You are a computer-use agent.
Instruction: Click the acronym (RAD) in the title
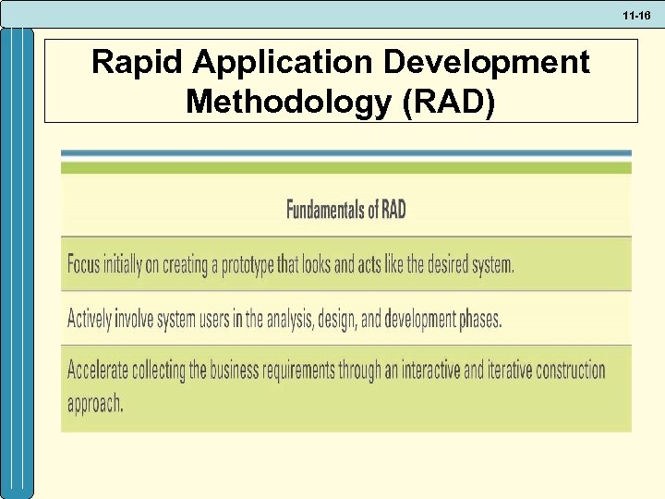[x=448, y=101]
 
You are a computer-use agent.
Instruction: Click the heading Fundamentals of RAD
[x=345, y=210]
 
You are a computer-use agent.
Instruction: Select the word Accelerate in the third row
[x=101, y=371]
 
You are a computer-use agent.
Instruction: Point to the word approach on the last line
[x=94, y=405]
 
